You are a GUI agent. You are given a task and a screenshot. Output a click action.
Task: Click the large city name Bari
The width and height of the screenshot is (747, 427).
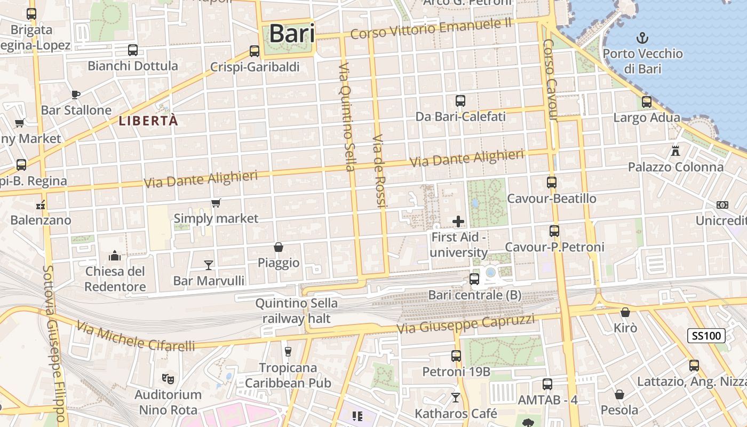coord(291,33)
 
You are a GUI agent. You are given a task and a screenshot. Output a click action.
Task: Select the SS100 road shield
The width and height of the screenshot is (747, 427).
coord(706,336)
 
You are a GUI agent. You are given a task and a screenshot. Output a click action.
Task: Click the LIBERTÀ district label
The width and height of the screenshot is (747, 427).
coord(148,121)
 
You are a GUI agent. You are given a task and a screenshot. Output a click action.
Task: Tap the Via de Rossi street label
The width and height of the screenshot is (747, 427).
coord(379,171)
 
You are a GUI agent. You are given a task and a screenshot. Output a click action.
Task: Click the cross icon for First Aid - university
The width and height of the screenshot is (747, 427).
coord(458,221)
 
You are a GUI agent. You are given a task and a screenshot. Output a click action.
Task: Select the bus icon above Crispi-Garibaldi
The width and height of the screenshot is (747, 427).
coord(255,51)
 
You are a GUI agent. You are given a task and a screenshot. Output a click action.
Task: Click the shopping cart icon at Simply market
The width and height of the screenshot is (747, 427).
coord(216,203)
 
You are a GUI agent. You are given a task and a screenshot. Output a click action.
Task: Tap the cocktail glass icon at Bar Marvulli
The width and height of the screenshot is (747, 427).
coord(209,265)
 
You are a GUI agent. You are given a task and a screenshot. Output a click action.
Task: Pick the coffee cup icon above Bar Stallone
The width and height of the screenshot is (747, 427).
coord(76,94)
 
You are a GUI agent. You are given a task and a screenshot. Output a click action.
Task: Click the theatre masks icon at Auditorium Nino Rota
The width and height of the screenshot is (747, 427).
coord(168,379)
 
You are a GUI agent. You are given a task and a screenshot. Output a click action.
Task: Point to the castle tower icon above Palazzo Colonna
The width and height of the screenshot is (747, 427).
coord(676,151)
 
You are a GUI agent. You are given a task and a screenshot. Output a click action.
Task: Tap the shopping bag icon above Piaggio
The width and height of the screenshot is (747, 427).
coord(278,247)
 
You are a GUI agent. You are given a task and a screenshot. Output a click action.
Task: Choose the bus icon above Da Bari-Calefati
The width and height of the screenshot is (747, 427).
coord(460,100)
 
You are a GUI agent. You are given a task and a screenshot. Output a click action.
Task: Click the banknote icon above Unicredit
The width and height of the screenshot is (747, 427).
coord(722,205)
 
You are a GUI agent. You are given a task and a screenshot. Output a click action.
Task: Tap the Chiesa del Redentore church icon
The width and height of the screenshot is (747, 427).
coord(115,256)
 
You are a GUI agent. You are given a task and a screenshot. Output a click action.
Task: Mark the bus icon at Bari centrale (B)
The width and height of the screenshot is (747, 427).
coord(474,279)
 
